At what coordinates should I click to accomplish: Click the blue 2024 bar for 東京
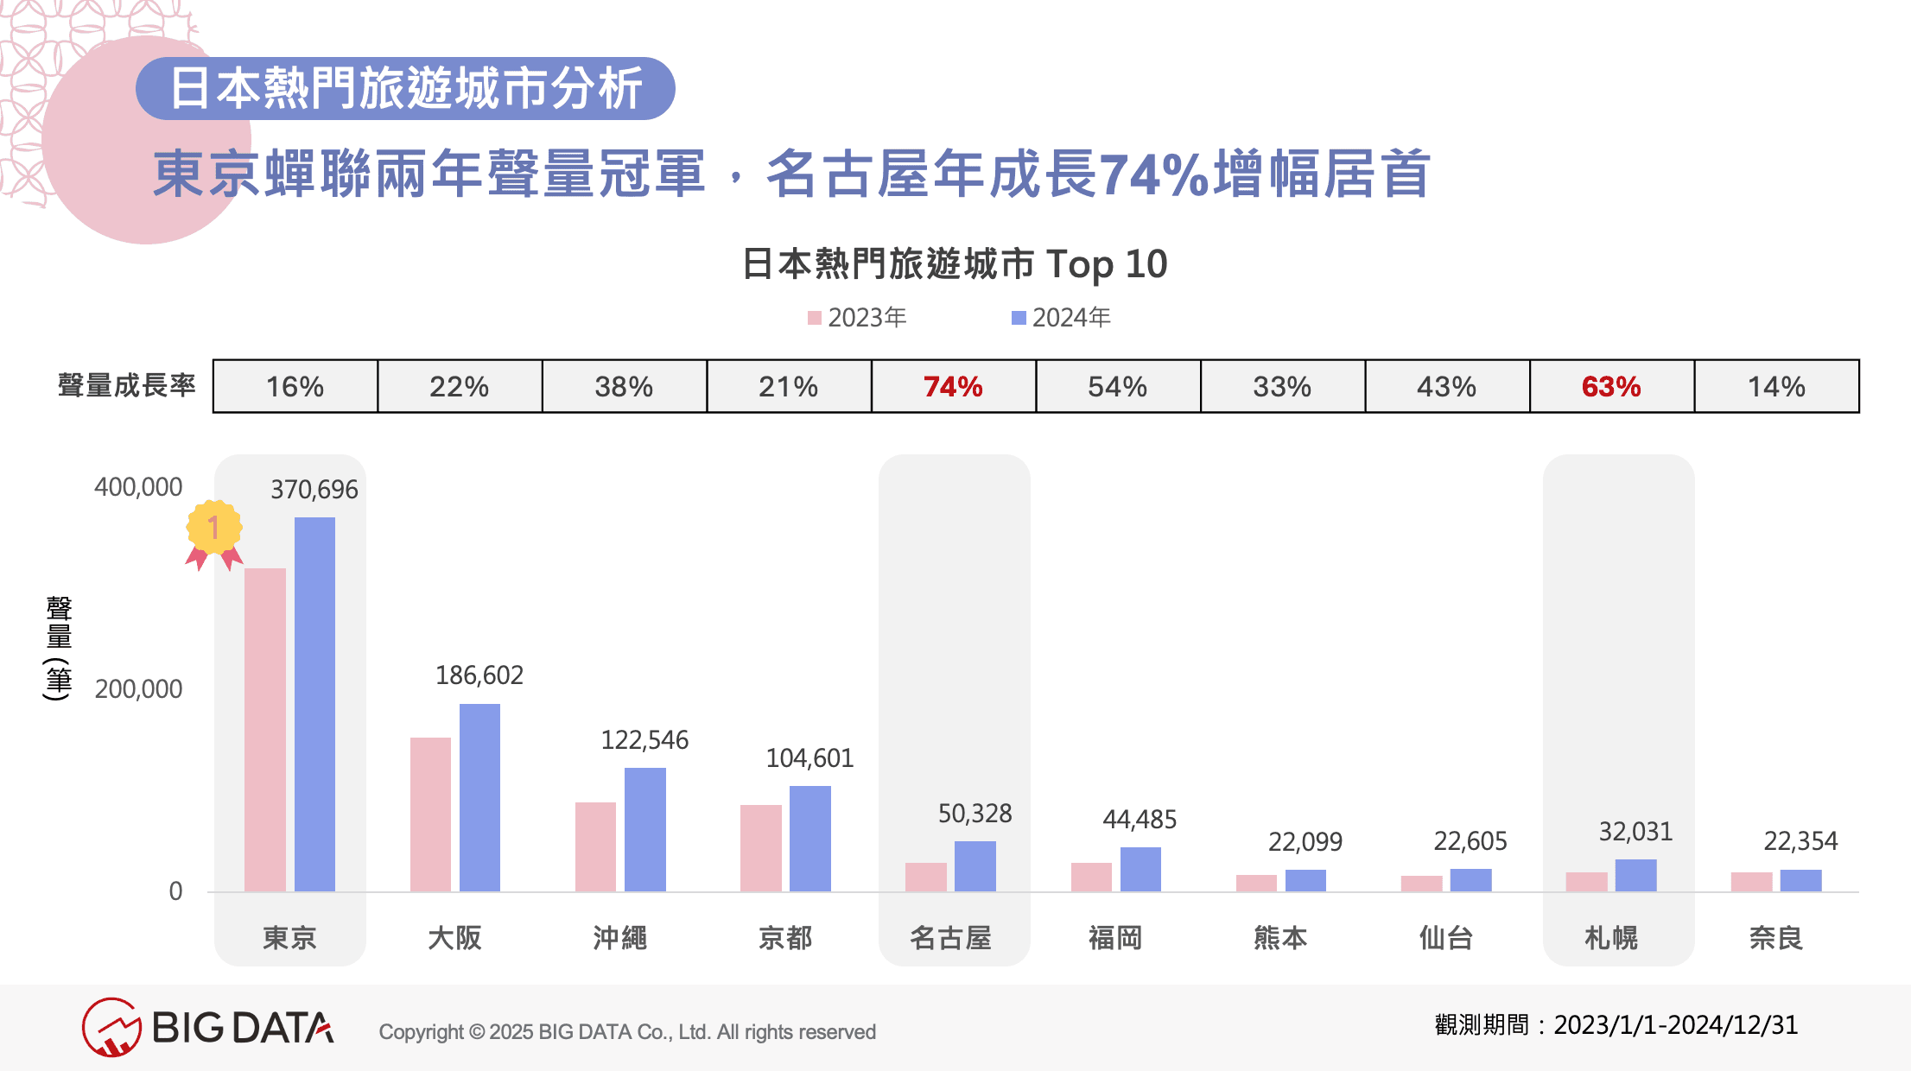point(314,704)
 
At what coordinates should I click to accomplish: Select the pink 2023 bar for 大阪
point(430,814)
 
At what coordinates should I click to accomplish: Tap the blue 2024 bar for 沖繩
point(644,829)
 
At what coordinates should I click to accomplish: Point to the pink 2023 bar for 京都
point(760,847)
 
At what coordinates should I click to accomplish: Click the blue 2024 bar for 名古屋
point(975,865)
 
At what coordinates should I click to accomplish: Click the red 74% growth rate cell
point(953,386)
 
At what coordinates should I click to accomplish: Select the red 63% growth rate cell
point(1611,386)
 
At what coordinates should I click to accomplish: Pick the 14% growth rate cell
point(1776,386)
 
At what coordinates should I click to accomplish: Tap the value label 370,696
point(314,490)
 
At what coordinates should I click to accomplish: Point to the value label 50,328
point(975,814)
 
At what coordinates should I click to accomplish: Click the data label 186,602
point(479,675)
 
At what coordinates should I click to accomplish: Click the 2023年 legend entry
point(857,318)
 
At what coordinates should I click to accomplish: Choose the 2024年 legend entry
point(1061,318)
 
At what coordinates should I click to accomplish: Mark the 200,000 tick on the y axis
point(138,689)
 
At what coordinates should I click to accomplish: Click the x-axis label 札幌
point(1611,937)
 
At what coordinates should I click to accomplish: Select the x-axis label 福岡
point(1115,937)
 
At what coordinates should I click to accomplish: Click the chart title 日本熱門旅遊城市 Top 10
point(955,263)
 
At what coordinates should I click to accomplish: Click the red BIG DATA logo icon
point(111,1027)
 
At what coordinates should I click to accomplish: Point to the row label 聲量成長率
point(127,385)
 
